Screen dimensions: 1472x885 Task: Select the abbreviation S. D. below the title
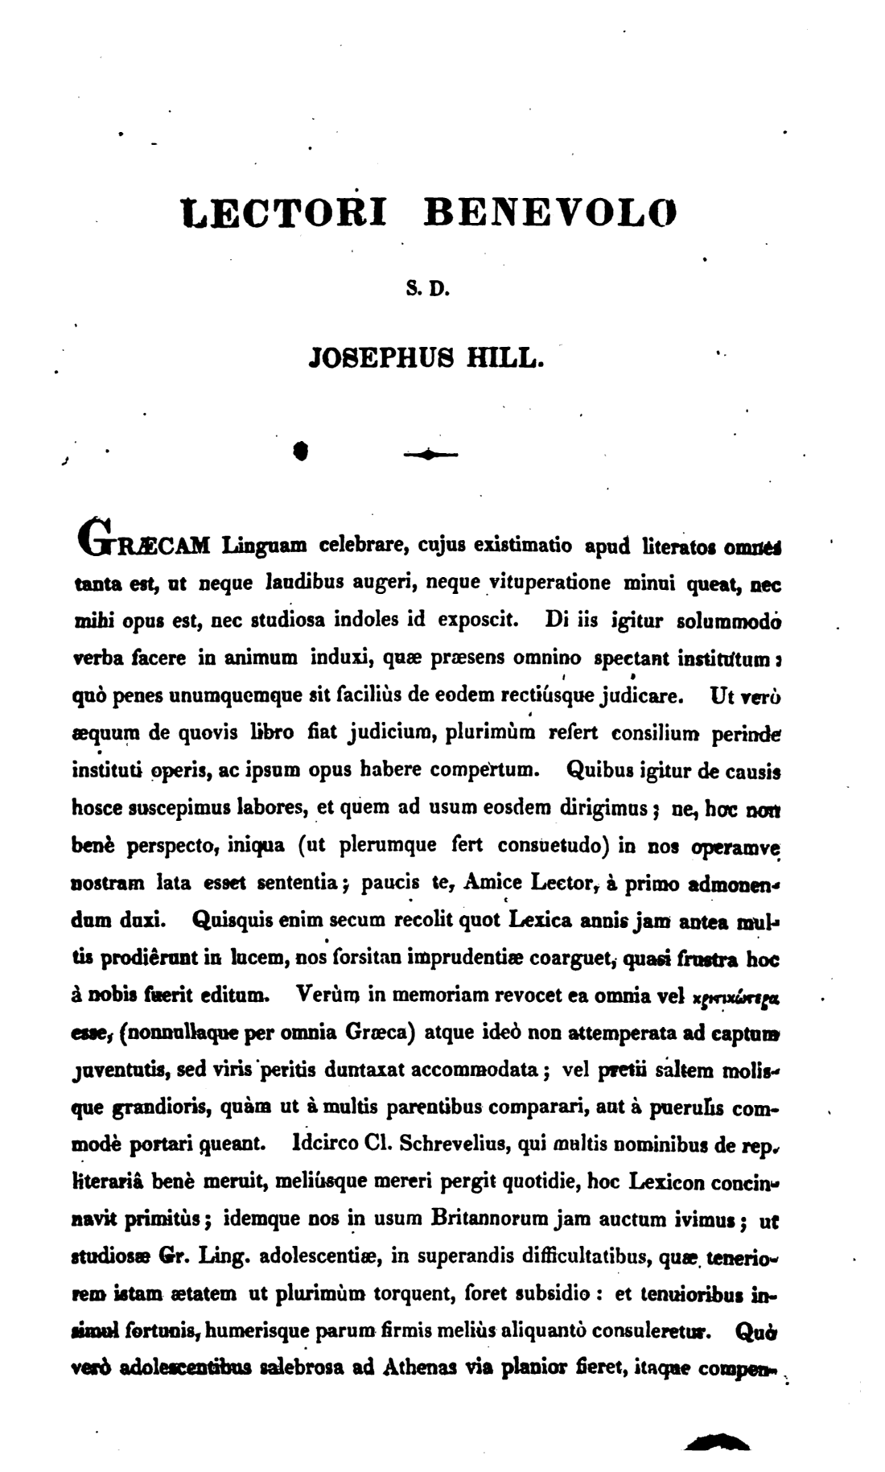pos(426,286)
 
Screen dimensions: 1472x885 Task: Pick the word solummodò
pos(731,621)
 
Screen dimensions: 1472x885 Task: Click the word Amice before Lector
pos(494,882)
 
